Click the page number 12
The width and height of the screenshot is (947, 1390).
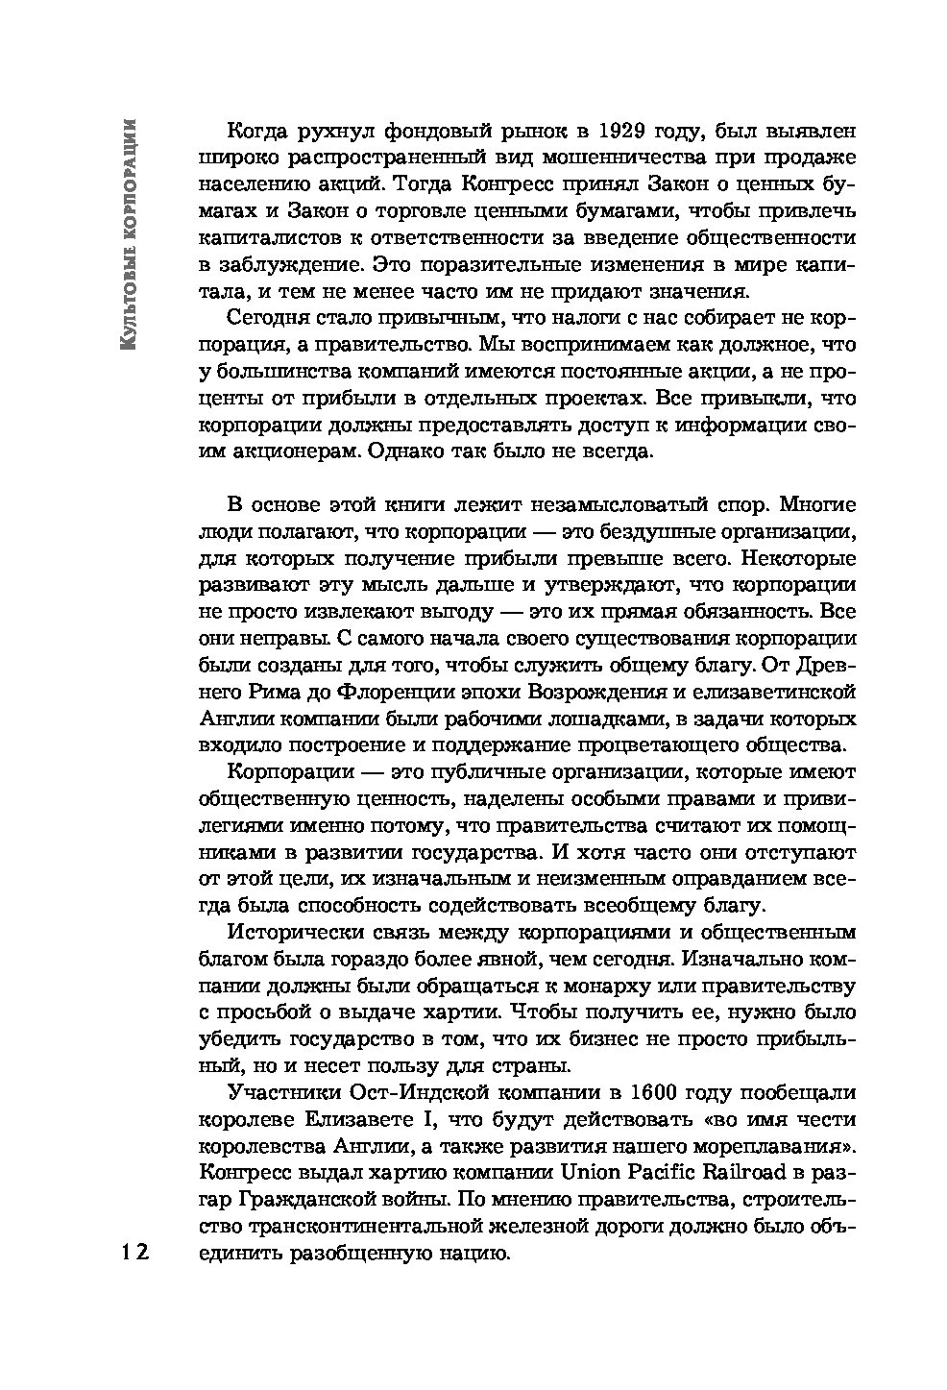click(x=134, y=1253)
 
